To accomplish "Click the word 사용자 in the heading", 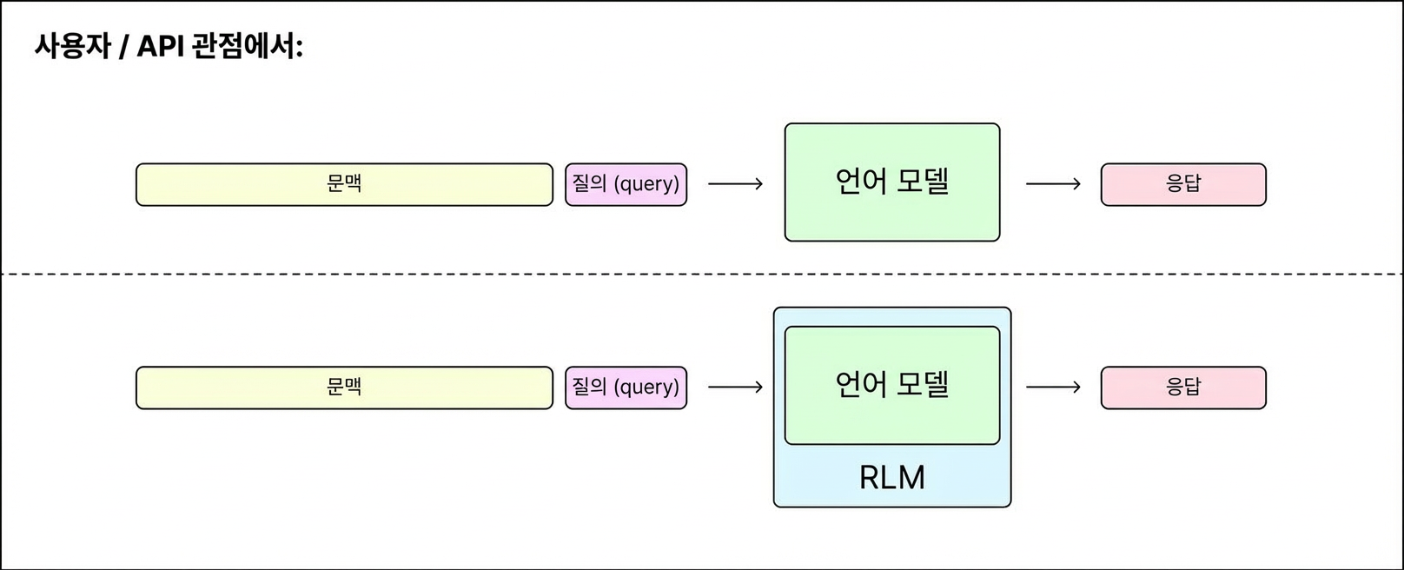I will coord(73,47).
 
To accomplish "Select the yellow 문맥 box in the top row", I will coord(344,184).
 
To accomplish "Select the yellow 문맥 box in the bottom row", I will coord(344,388).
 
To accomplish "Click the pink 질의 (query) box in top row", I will coord(626,184).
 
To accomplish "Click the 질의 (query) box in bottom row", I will coord(626,388).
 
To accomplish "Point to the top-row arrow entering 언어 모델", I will coord(735,184).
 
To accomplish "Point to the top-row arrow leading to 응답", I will coord(1053,184).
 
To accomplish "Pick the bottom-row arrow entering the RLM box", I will coord(735,388).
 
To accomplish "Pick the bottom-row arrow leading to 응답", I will coord(1053,388).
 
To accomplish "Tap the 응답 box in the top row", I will coord(1183,184).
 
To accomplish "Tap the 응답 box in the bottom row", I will coord(1183,388).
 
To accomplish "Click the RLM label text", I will coord(891,478).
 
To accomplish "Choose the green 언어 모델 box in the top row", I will coord(891,217).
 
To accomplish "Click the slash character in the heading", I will coord(124,47).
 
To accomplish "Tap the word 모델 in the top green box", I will coord(923,181).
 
